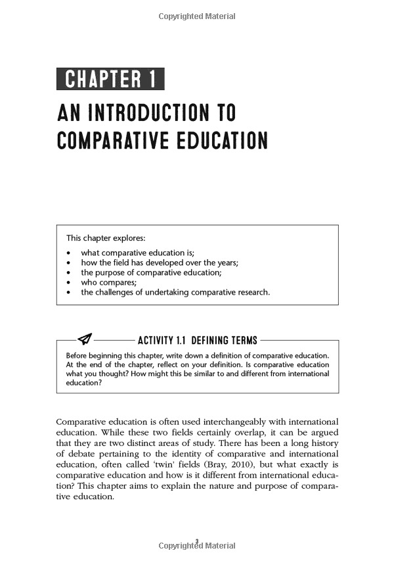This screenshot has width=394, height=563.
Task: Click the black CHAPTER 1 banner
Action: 110,80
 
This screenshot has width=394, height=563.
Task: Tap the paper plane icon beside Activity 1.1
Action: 85,339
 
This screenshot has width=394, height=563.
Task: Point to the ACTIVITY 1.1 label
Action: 163,340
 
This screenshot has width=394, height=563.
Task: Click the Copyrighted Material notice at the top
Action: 197,16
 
